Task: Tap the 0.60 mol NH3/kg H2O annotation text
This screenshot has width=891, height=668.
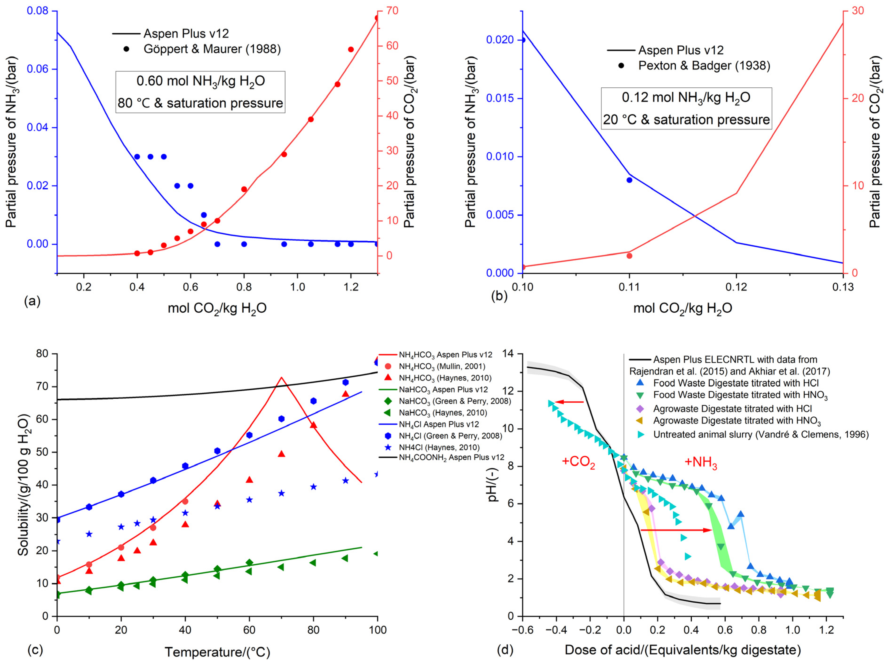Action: pos(201,81)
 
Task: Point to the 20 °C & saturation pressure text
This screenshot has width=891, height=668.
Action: pos(686,120)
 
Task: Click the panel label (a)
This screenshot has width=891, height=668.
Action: pos(32,301)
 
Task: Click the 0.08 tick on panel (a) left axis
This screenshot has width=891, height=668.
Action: pos(37,11)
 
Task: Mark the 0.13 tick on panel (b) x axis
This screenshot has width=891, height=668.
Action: pos(843,287)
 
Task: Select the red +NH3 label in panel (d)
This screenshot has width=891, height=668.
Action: pos(701,462)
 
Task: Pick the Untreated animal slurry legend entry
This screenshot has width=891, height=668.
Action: pos(761,435)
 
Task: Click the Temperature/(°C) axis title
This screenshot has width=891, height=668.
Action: pos(217,652)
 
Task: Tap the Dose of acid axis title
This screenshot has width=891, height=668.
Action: pos(683,650)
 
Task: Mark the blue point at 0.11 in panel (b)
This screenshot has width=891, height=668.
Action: pos(629,180)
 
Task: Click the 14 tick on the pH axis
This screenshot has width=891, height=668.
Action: pos(508,354)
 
